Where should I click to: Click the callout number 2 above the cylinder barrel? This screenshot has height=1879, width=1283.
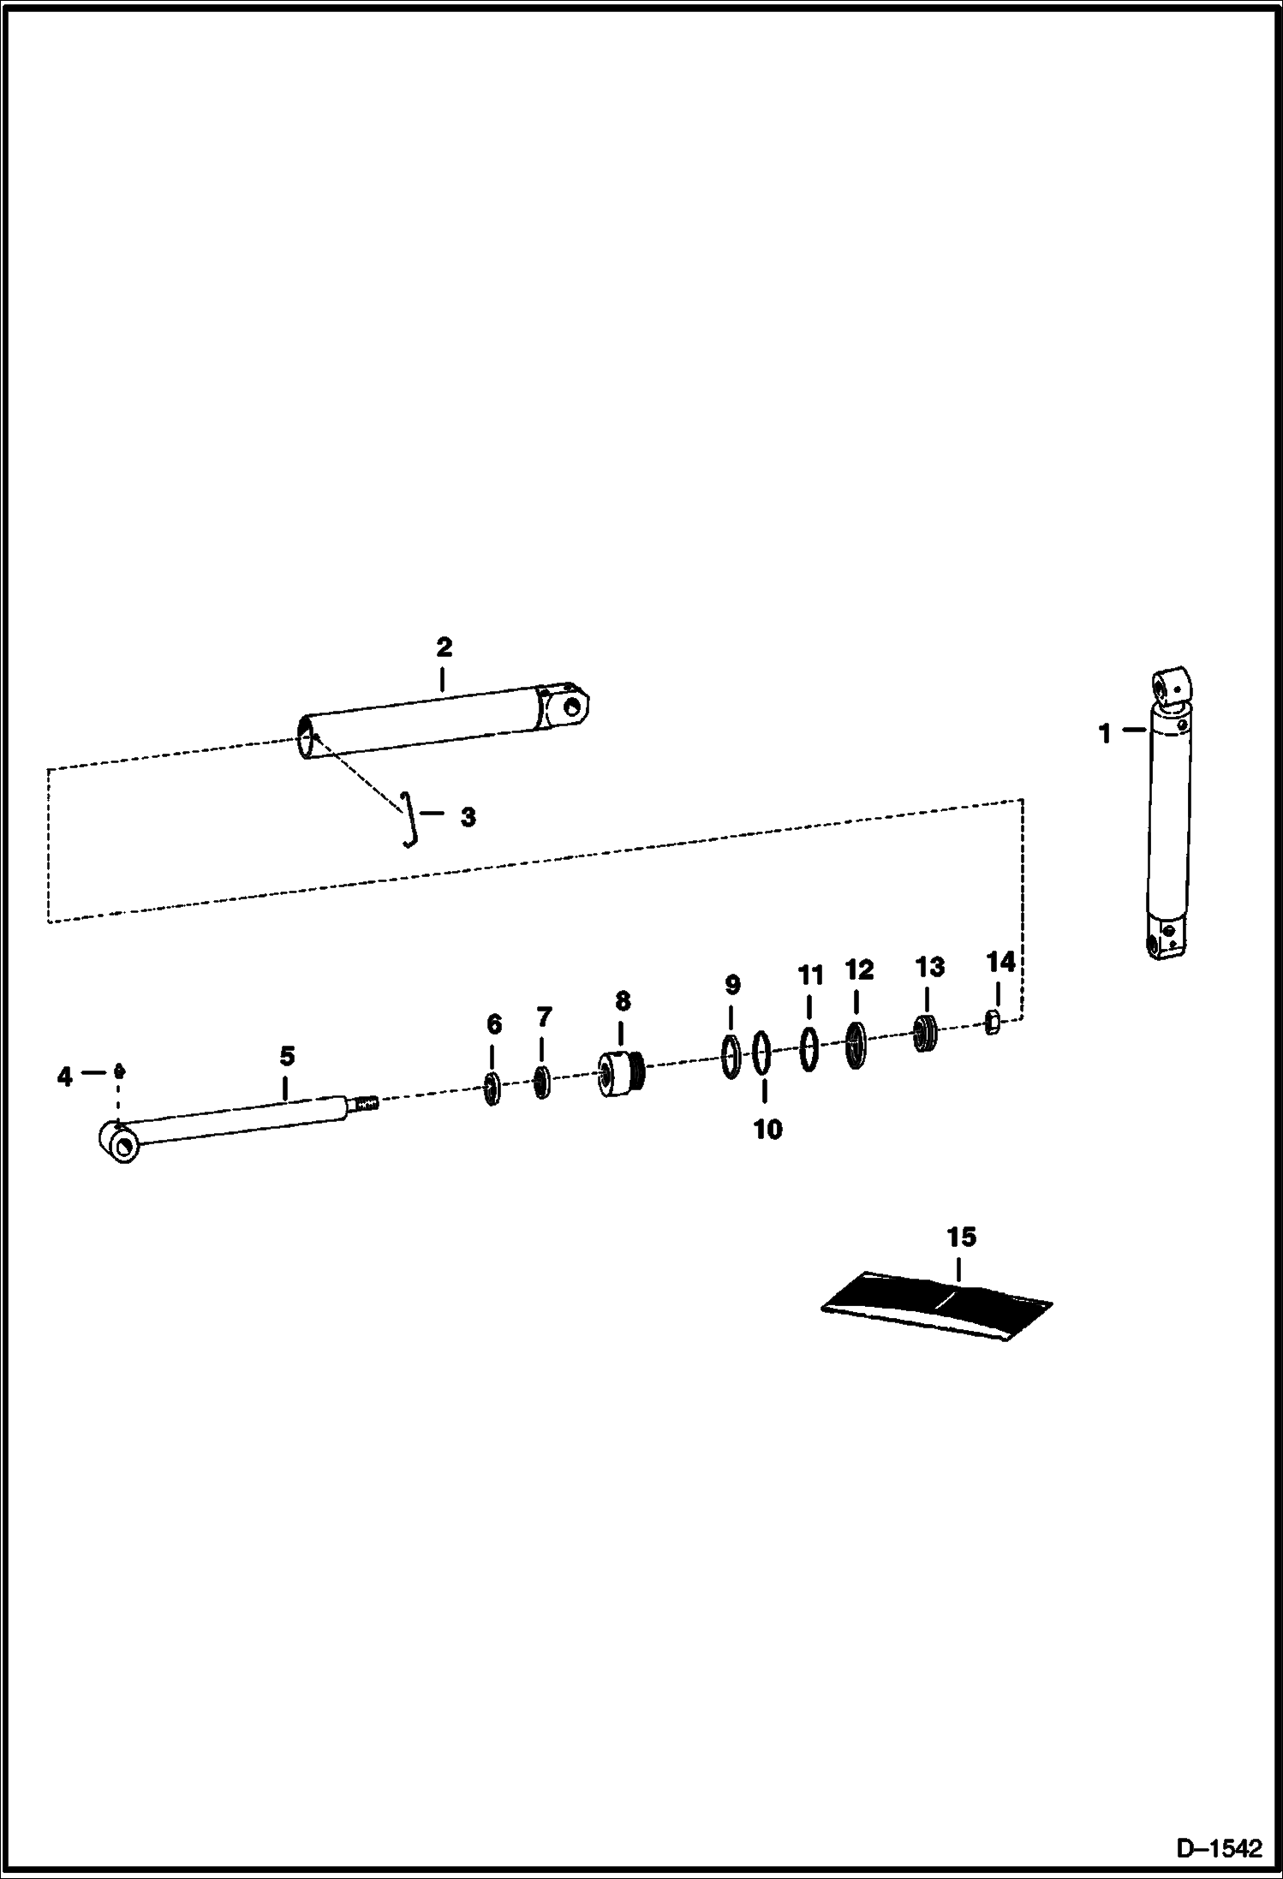click(444, 647)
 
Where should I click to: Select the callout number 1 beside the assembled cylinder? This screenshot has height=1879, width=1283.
click(1105, 734)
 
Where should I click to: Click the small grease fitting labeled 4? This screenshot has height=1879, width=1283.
click(119, 1071)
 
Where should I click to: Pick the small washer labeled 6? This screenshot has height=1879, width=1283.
click(492, 1089)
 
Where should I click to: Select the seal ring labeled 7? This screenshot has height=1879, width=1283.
click(541, 1082)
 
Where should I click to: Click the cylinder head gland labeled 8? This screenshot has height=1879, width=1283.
click(621, 1074)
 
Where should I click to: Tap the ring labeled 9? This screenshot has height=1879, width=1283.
click(731, 1057)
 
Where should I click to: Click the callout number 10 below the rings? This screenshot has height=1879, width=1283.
click(767, 1129)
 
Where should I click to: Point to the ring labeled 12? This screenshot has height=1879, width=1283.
click(856, 1044)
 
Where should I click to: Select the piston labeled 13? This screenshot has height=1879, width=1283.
click(925, 1033)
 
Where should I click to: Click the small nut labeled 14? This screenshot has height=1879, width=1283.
click(993, 1022)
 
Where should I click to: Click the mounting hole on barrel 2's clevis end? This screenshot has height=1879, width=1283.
click(573, 706)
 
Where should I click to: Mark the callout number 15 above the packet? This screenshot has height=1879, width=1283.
click(961, 1237)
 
